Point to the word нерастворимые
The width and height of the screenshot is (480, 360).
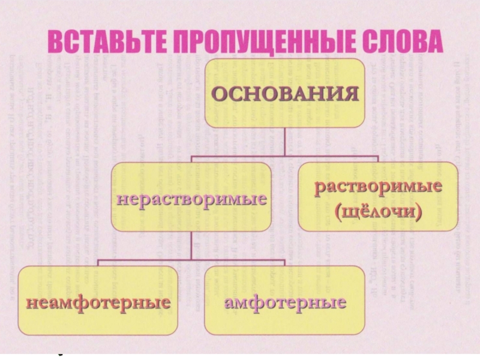pos(191,197)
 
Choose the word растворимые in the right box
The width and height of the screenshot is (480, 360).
pos(379,187)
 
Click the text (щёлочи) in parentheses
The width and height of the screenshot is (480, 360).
pos(379,211)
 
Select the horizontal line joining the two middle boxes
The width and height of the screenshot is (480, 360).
pos(285,157)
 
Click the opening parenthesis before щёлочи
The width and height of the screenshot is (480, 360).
pos(340,212)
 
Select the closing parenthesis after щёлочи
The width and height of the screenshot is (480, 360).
pos(418,212)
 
